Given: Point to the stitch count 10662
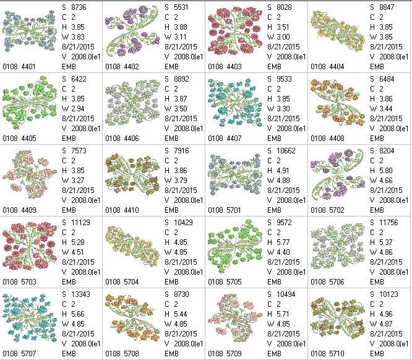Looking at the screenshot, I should click(x=288, y=152).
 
